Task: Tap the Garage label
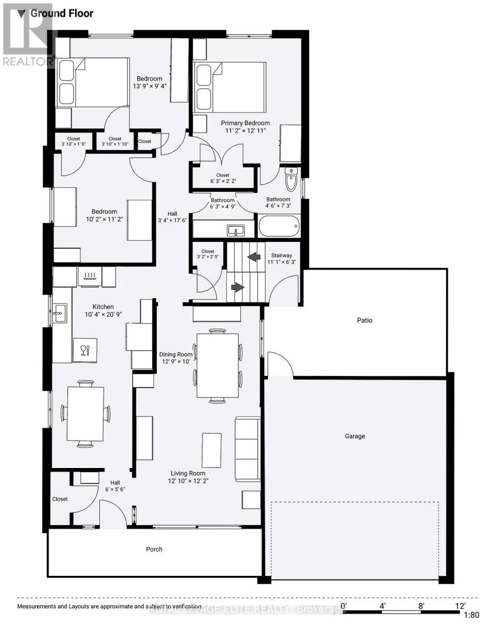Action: point(355,436)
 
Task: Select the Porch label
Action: point(154,549)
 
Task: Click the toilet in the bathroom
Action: point(291,179)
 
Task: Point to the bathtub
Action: point(279,227)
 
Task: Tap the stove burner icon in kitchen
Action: point(90,274)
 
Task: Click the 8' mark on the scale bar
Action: point(421,605)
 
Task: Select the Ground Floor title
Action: point(62,13)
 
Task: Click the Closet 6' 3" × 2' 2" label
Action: point(223,178)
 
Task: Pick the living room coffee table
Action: point(211,450)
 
